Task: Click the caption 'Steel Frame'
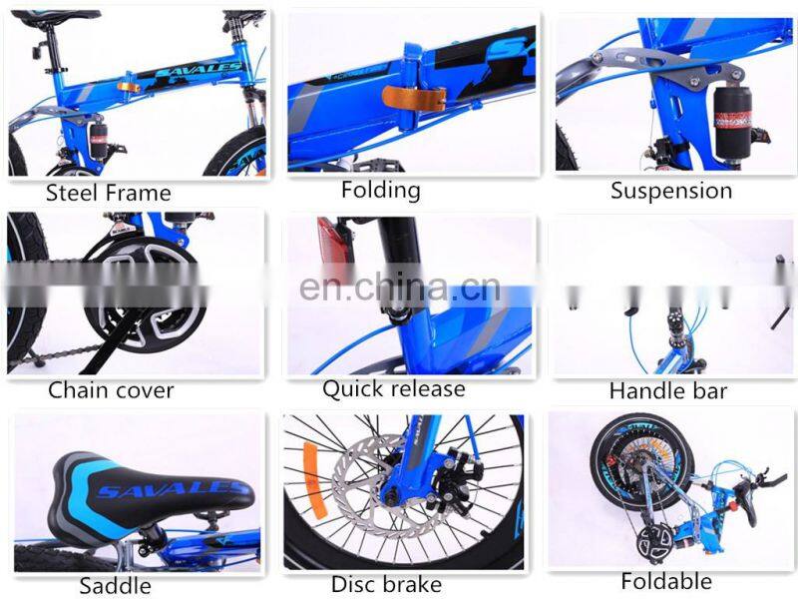click(x=109, y=193)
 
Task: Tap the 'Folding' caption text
click(x=380, y=190)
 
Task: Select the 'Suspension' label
click(x=671, y=191)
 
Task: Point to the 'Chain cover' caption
click(x=111, y=390)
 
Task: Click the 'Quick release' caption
click(x=393, y=388)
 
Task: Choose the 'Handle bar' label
click(x=668, y=390)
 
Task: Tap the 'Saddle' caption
click(x=115, y=585)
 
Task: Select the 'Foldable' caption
click(x=666, y=580)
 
